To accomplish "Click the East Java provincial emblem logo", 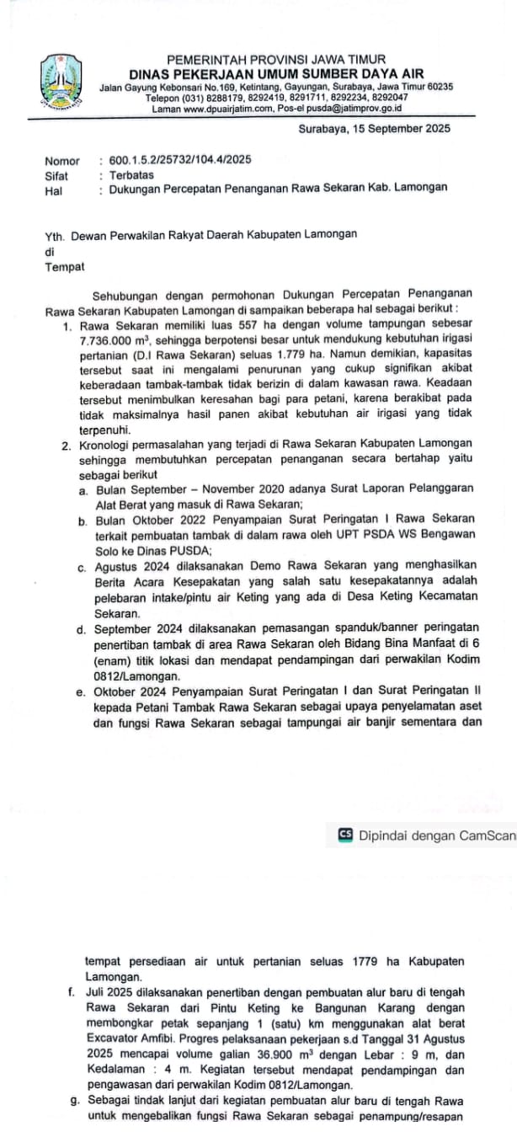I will tap(60, 82).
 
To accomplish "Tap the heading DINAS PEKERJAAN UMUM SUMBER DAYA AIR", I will tap(276, 73).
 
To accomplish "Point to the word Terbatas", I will tap(131, 175).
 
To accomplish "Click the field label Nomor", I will tap(62, 161).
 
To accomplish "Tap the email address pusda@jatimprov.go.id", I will tap(356, 109).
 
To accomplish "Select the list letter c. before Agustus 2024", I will tap(81, 566).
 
